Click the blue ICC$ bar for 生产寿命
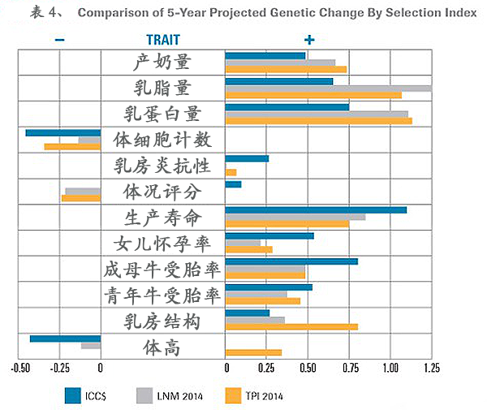click(315, 209)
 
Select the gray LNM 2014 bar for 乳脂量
click(328, 88)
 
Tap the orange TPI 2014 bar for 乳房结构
click(291, 327)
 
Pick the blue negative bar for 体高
click(65, 339)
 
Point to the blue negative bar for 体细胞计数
click(62, 132)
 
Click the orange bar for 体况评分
click(81, 198)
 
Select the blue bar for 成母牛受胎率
click(291, 261)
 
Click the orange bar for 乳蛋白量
click(318, 121)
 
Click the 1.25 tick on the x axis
click(432, 368)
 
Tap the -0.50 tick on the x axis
click(19, 368)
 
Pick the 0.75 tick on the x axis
click(349, 368)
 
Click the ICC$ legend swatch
click(73, 395)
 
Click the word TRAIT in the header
click(163, 39)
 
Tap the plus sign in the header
click(308, 39)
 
